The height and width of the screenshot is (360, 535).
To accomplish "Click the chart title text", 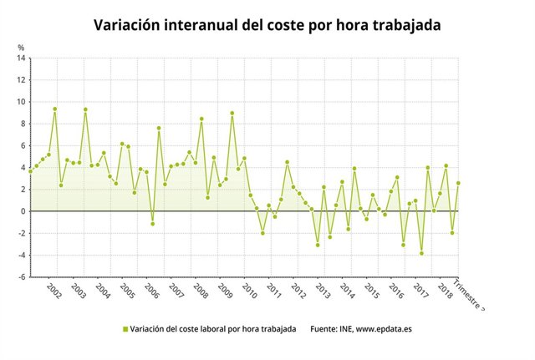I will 267,26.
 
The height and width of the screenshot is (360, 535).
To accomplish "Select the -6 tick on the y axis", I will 22,276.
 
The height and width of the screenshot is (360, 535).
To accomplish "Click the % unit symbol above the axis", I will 21,48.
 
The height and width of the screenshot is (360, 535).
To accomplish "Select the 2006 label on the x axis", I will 151,291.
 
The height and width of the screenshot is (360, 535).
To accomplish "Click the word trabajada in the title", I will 407,26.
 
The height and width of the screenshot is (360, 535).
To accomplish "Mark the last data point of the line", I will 458,183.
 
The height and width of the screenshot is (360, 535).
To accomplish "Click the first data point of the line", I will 31,171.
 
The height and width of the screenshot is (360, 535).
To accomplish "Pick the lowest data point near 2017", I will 421,253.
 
